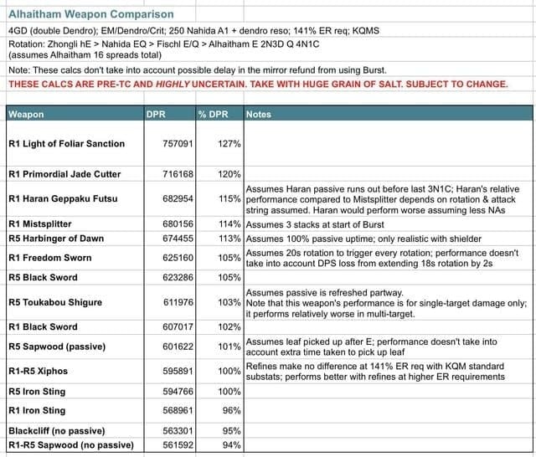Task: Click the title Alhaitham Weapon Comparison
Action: click(90, 14)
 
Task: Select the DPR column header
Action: click(157, 114)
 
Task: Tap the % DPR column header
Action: click(215, 114)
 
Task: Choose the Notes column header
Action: click(259, 114)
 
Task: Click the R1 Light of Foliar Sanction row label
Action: click(66, 144)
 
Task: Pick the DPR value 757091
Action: click(178, 144)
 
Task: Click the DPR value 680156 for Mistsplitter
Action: click(178, 224)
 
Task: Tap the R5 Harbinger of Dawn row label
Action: click(56, 239)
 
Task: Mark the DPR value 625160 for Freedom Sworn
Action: click(178, 258)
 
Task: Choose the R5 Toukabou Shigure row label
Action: click(55, 301)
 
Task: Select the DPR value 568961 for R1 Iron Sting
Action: click(178, 410)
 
